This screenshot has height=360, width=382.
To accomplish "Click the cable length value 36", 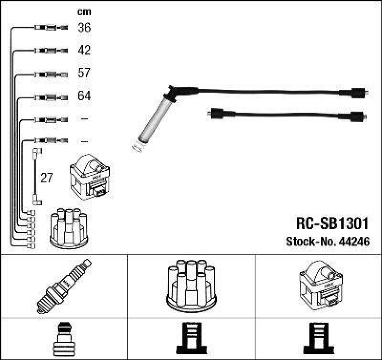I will click(84, 28).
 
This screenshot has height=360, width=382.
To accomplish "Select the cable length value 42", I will click(84, 50).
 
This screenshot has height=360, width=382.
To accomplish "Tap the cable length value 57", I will click(84, 73).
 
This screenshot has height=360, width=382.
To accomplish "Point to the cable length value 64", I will click(84, 96).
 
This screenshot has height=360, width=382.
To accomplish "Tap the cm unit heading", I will click(84, 12).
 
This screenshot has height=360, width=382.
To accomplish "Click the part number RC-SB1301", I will click(330, 224).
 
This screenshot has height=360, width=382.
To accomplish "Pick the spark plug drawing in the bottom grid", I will click(64, 286).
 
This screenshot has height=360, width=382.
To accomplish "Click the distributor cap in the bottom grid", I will click(191, 286).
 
